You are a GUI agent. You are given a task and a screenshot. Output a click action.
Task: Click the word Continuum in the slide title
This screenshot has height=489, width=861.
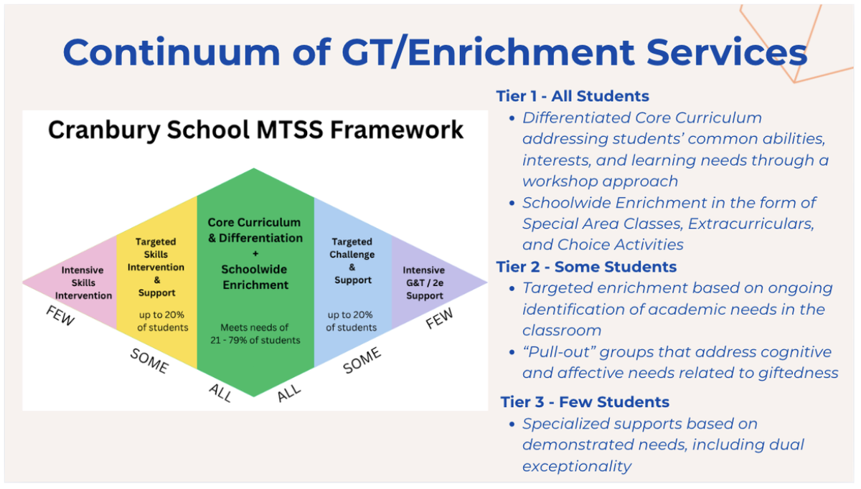pyautogui.click(x=171, y=52)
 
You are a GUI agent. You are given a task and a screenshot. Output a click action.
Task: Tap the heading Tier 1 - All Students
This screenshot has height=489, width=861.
pyautogui.click(x=573, y=96)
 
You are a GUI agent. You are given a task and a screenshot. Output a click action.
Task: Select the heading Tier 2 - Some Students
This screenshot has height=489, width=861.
pyautogui.click(x=586, y=267)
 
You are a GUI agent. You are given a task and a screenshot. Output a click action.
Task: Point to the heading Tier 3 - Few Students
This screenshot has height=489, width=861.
pyautogui.click(x=585, y=402)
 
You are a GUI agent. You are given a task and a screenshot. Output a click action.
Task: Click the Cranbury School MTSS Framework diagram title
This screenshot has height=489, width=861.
pyautogui.click(x=255, y=130)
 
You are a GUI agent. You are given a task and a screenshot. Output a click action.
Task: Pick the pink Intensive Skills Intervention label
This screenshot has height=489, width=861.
pyautogui.click(x=83, y=283)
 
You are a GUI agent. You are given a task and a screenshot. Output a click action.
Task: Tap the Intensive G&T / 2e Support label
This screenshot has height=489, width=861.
pyautogui.click(x=424, y=283)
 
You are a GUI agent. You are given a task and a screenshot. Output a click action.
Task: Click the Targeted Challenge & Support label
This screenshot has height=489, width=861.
pyautogui.click(x=352, y=261)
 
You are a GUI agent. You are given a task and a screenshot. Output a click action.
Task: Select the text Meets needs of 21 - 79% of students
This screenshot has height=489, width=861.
pyautogui.click(x=255, y=334)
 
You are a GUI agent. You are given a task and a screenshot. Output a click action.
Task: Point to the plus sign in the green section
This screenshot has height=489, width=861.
pyautogui.click(x=255, y=254)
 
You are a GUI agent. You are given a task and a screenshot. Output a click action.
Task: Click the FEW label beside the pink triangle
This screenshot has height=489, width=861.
pyautogui.click(x=60, y=315)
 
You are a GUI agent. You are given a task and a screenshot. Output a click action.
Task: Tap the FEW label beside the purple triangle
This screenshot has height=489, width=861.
pyautogui.click(x=439, y=318)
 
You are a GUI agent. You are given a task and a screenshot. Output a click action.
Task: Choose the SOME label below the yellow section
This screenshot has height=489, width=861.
pyautogui.click(x=149, y=361)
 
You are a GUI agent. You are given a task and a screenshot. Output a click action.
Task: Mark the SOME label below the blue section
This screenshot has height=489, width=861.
pyautogui.click(x=362, y=361)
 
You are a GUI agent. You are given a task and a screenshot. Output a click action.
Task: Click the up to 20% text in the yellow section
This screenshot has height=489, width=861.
pyautogui.click(x=161, y=315)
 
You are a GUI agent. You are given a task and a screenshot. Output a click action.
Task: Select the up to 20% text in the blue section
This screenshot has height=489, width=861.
pyautogui.click(x=350, y=315)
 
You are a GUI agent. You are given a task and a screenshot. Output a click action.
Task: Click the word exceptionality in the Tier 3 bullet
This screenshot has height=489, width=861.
pyautogui.click(x=577, y=466)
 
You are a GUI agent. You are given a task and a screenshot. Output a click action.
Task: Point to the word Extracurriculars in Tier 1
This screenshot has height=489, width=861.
pyautogui.click(x=751, y=224)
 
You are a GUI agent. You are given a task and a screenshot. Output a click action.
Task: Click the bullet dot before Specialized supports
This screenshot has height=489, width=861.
pyautogui.click(x=512, y=424)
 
